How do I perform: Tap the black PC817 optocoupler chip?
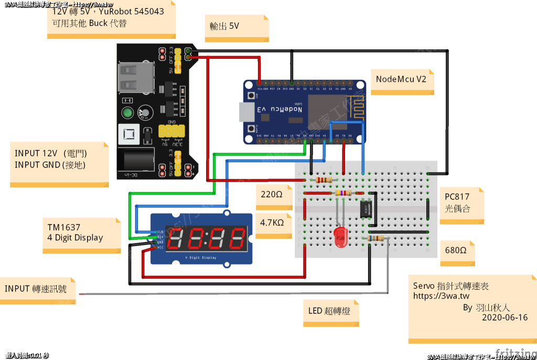tap(367, 209)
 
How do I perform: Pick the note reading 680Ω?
tap(457, 251)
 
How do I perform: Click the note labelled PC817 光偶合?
tap(458, 203)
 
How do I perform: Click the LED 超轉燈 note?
tap(329, 311)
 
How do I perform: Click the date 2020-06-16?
tap(504, 318)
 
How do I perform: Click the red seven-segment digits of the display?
tap(208, 239)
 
